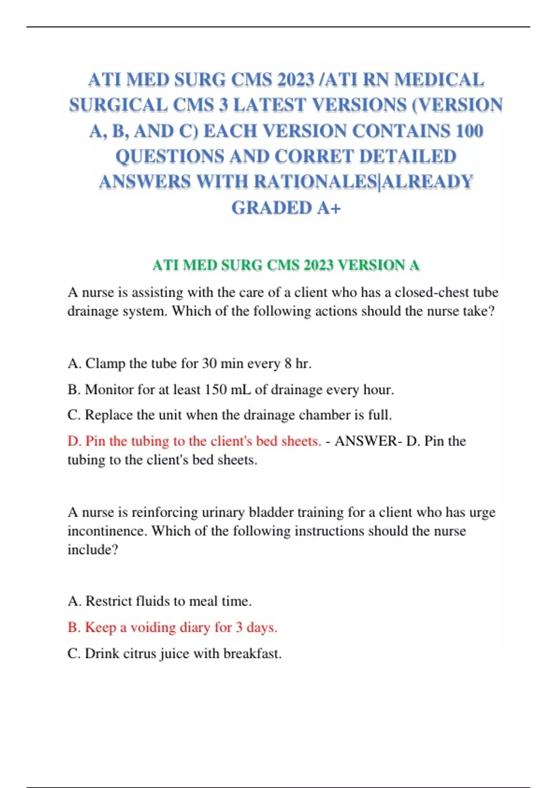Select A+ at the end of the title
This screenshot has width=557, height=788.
[329, 208]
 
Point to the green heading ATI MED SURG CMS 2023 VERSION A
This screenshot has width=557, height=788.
[286, 265]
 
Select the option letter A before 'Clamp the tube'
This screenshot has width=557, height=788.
[73, 363]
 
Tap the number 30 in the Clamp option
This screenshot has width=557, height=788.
[209, 363]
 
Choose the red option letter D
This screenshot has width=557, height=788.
[73, 441]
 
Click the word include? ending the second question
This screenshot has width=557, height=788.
[93, 550]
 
